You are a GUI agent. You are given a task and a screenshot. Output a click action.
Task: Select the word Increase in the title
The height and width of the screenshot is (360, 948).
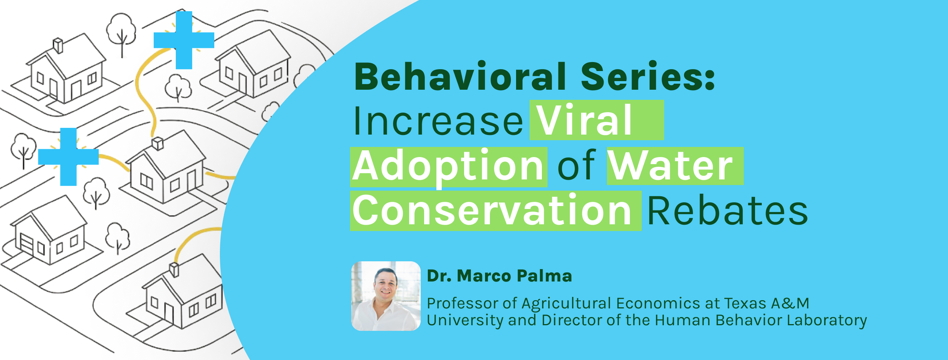pyautogui.click(x=438, y=121)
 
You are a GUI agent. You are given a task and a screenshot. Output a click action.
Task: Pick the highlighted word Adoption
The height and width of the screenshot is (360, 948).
pyautogui.click(x=448, y=166)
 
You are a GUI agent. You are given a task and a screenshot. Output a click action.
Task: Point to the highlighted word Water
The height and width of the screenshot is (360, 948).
pyautogui.click(x=670, y=166)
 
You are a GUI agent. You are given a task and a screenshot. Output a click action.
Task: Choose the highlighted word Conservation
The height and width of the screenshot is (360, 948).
pyautogui.click(x=492, y=211)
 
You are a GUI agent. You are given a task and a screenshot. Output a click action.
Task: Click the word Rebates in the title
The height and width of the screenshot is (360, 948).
pyautogui.click(x=727, y=211)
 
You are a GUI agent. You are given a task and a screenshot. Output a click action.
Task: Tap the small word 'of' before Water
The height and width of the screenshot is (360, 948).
pyautogui.click(x=576, y=166)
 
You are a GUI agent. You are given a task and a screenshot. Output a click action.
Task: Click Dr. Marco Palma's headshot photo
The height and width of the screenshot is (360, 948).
pyautogui.click(x=386, y=296)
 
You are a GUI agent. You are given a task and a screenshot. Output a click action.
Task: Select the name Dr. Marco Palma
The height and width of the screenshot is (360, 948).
pyautogui.click(x=499, y=276)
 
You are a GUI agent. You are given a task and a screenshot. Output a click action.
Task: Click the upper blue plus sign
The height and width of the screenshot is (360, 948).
pyautogui.click(x=184, y=40)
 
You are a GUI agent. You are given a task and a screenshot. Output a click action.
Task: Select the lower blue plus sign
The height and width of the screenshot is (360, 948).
pyautogui.click(x=68, y=157)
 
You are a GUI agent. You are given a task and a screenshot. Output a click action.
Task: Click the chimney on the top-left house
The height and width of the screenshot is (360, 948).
pyautogui.click(x=58, y=46)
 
